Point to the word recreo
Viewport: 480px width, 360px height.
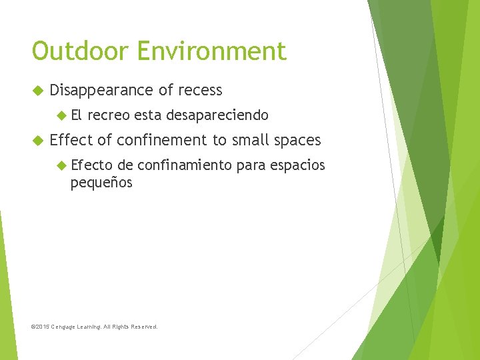pyautogui.click(x=108, y=115)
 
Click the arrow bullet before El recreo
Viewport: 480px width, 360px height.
pyautogui.click(x=62, y=115)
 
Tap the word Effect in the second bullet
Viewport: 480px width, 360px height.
pyautogui.click(x=71, y=140)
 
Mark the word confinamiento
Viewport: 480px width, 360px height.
pyautogui.click(x=184, y=165)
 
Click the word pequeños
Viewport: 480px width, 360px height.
pyautogui.click(x=101, y=182)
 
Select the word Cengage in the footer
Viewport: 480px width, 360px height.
pyautogui.click(x=66, y=327)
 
